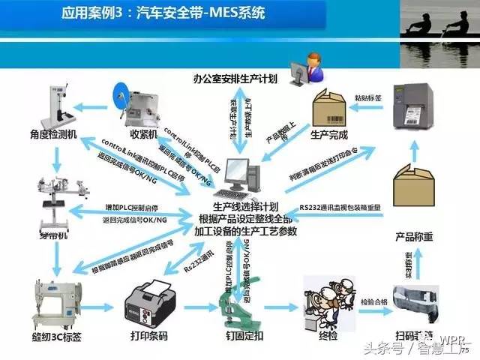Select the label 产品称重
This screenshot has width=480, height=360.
tap(414, 237)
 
